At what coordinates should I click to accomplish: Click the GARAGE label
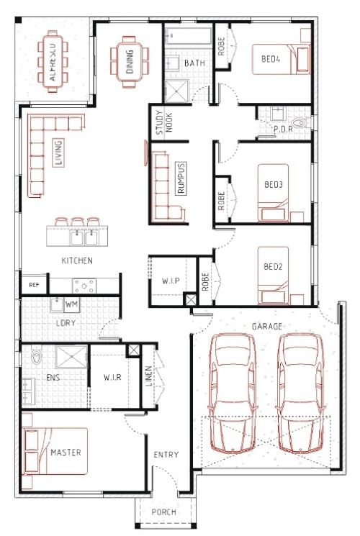coord(267,327)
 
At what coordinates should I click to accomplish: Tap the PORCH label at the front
coord(164,512)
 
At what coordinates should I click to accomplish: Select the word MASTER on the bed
coord(66,453)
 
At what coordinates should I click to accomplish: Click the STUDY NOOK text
coord(164,122)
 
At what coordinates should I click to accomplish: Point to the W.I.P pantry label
coord(171,281)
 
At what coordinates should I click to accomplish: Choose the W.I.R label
coord(112,378)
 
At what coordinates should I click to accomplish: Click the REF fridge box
coord(34,285)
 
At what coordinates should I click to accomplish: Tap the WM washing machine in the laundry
coord(71,304)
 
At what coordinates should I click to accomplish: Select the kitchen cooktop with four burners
coord(84,286)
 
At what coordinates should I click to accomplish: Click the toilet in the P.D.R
coord(299,123)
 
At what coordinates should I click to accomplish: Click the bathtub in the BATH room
coord(188,36)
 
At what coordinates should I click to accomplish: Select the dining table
coord(130,62)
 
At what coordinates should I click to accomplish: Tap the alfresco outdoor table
coord(53,61)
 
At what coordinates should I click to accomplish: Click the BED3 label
coord(274,185)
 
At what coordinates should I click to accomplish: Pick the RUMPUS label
coord(181,178)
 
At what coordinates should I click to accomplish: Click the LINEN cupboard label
coord(148,376)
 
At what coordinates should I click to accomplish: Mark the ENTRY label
coord(166,455)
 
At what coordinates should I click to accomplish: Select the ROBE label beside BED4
coord(222,46)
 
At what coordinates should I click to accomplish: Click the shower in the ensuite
coord(71,357)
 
